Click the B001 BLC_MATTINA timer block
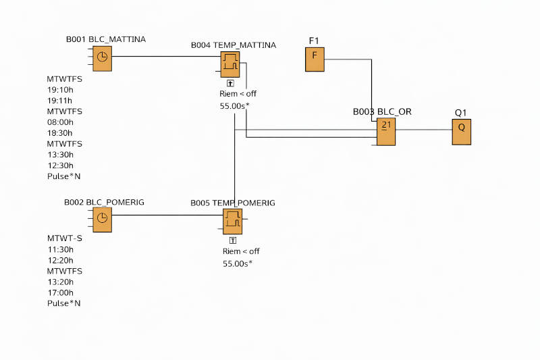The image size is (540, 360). point(103,59)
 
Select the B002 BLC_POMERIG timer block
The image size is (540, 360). point(103,220)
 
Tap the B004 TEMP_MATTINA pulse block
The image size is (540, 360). point(230,65)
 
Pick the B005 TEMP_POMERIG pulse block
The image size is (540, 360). point(232,222)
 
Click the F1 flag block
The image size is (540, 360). point(315,59)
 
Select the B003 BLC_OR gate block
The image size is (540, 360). point(386,132)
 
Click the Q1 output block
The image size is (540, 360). point(462,132)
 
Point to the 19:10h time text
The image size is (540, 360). point(60,90)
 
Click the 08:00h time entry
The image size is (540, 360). point(60,122)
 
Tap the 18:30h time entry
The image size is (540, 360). point(60,133)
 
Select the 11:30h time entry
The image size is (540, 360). point(61,249)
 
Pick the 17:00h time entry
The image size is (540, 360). point(61,293)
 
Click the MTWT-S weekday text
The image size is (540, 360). point(65,238)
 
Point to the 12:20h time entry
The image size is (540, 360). point(61,261)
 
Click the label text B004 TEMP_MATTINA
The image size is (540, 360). point(234,45)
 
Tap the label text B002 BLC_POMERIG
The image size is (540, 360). point(104,202)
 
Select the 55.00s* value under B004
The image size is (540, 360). point(234,106)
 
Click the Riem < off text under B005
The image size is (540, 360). point(241,251)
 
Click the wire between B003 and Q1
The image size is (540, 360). point(424,130)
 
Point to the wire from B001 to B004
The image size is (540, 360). point(166,57)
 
